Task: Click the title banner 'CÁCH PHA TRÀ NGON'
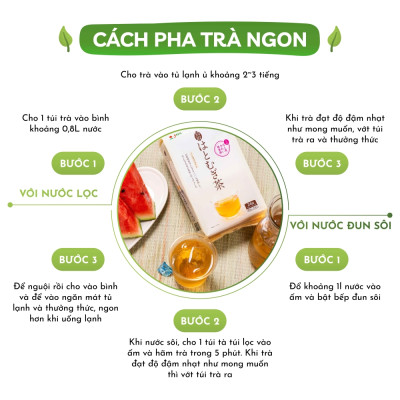point(200,41)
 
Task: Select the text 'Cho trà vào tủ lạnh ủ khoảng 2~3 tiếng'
point(200,76)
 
